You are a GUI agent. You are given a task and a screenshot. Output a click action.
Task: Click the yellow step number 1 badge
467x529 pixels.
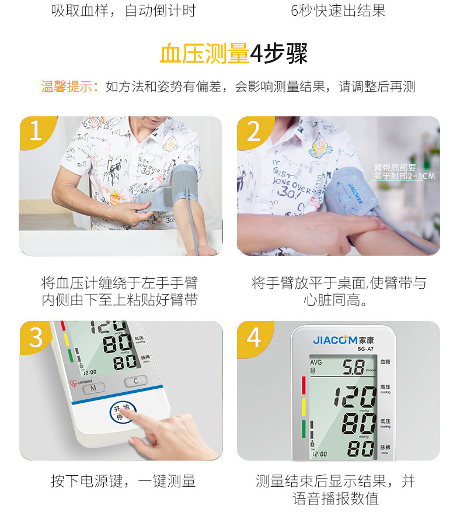[x=36, y=132]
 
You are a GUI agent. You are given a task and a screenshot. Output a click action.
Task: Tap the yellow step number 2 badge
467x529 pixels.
[x=253, y=132]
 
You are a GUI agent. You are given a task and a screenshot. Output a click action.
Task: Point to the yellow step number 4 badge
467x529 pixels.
[x=253, y=337]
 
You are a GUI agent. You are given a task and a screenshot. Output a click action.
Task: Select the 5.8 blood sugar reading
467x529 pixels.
[x=353, y=367]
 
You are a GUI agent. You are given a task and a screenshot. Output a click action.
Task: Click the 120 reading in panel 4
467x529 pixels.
[x=356, y=397]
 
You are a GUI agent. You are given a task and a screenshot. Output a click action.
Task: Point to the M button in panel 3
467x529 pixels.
[x=93, y=387]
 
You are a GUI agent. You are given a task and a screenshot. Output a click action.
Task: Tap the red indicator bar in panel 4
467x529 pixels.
[x=303, y=385]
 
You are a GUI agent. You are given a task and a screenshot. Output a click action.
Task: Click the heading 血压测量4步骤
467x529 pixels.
[x=233, y=54]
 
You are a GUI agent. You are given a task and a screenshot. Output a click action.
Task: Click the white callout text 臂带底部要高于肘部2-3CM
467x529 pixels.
[x=404, y=171]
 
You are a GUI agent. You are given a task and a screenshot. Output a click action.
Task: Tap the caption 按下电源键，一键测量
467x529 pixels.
[x=123, y=482]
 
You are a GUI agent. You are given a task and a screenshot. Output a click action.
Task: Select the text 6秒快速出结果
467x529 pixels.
[x=338, y=11]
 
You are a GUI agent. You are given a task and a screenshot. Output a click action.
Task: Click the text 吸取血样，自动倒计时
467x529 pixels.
[x=123, y=11]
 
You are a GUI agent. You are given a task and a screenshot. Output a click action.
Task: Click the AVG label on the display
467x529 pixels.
[x=316, y=362]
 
